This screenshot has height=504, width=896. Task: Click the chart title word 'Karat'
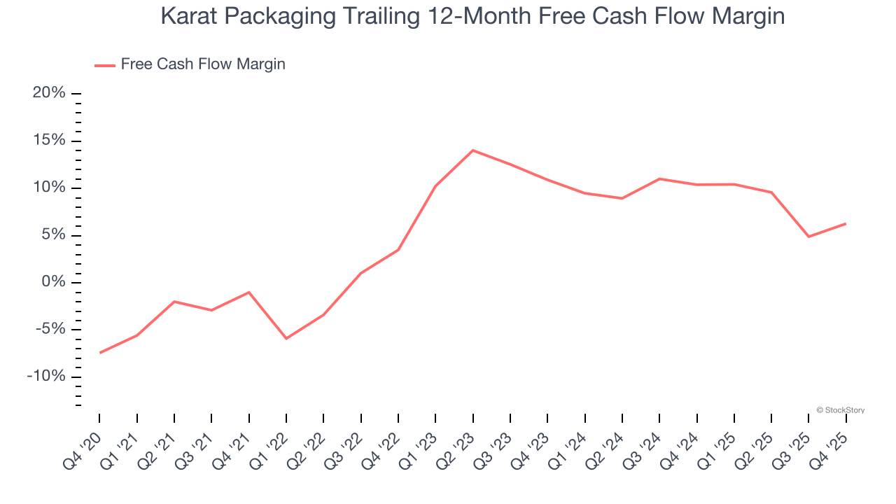[188, 16]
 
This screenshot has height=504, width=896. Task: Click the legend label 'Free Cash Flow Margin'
[203, 64]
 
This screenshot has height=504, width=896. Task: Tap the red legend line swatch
[105, 65]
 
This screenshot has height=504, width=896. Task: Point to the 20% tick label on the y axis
[49, 93]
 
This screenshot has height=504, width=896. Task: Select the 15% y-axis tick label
[49, 141]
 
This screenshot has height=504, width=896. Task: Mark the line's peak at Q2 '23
[473, 150]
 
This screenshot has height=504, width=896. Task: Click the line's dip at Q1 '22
[286, 338]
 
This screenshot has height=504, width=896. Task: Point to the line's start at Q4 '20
[99, 353]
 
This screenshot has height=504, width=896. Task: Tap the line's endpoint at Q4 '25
[846, 224]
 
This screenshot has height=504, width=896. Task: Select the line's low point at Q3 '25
[808, 237]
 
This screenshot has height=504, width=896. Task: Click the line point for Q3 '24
[659, 178]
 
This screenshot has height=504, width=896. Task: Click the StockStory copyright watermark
[841, 410]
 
